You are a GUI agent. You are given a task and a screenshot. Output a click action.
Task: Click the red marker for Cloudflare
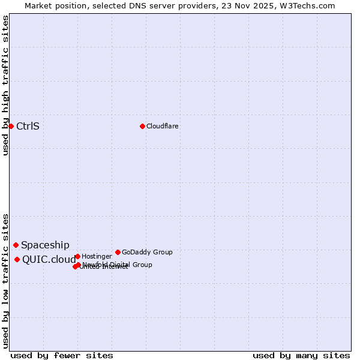[x=142, y=126]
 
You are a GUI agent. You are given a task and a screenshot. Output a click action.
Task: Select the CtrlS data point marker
[x=11, y=126]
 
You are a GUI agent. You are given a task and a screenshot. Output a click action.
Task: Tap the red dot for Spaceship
[x=16, y=245]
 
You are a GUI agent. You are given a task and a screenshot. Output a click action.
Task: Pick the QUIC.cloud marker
[x=17, y=259]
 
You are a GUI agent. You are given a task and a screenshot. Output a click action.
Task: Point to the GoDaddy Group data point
[x=118, y=252]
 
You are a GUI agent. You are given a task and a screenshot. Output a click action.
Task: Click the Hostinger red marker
[x=77, y=256]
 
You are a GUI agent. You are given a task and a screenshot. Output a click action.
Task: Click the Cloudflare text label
[x=162, y=126]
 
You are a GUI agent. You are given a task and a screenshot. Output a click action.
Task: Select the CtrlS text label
[x=28, y=126]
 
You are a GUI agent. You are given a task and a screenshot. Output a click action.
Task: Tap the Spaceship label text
[x=45, y=245]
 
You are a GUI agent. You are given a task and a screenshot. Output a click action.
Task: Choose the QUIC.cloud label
[x=49, y=259]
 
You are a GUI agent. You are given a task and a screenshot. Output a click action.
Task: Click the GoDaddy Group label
[x=147, y=252]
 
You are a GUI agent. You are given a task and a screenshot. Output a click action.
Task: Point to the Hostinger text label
[x=97, y=256]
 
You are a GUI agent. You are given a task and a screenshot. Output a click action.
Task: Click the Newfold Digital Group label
[x=118, y=265]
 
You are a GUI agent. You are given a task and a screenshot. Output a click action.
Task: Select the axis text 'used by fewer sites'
[x=62, y=355]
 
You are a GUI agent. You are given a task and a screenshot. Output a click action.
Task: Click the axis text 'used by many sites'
[x=301, y=355]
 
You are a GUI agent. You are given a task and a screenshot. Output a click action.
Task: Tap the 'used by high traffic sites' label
[x=6, y=85]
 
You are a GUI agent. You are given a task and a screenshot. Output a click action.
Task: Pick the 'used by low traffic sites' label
[x=6, y=280]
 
